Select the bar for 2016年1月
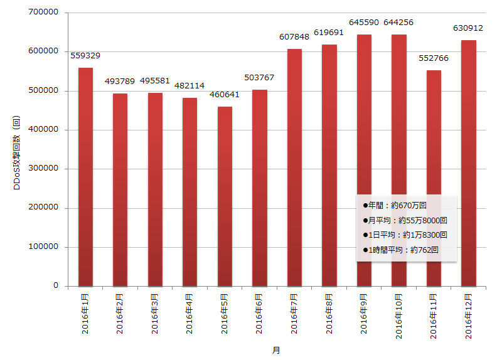[85, 177]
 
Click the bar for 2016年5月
[225, 196]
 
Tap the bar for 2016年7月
[294, 167]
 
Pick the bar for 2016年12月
[469, 163]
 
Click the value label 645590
[364, 23]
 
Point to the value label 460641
[225, 95]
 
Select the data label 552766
[434, 58]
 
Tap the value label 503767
[259, 77]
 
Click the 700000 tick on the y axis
[43, 12]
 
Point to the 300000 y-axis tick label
[43, 168]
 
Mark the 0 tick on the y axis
[56, 285]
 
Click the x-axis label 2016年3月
[154, 314]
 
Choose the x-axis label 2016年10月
[398, 316]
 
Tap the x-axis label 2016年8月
[329, 314]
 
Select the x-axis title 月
[276, 351]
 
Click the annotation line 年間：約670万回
[395, 206]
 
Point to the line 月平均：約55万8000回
[405, 220]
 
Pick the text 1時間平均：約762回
[401, 250]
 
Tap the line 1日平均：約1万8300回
[405, 235]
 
